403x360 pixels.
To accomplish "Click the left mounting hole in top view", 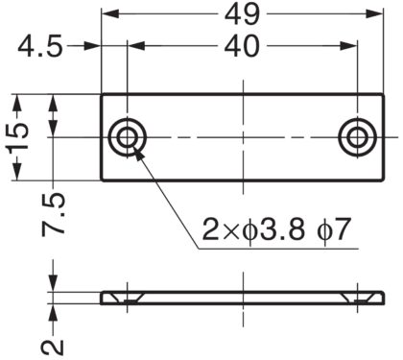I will pyautogui.click(x=126, y=137).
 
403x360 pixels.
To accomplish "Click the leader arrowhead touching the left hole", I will pyautogui.click(x=136, y=150).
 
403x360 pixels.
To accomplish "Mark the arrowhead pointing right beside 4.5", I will pyautogui.click(x=95, y=46).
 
